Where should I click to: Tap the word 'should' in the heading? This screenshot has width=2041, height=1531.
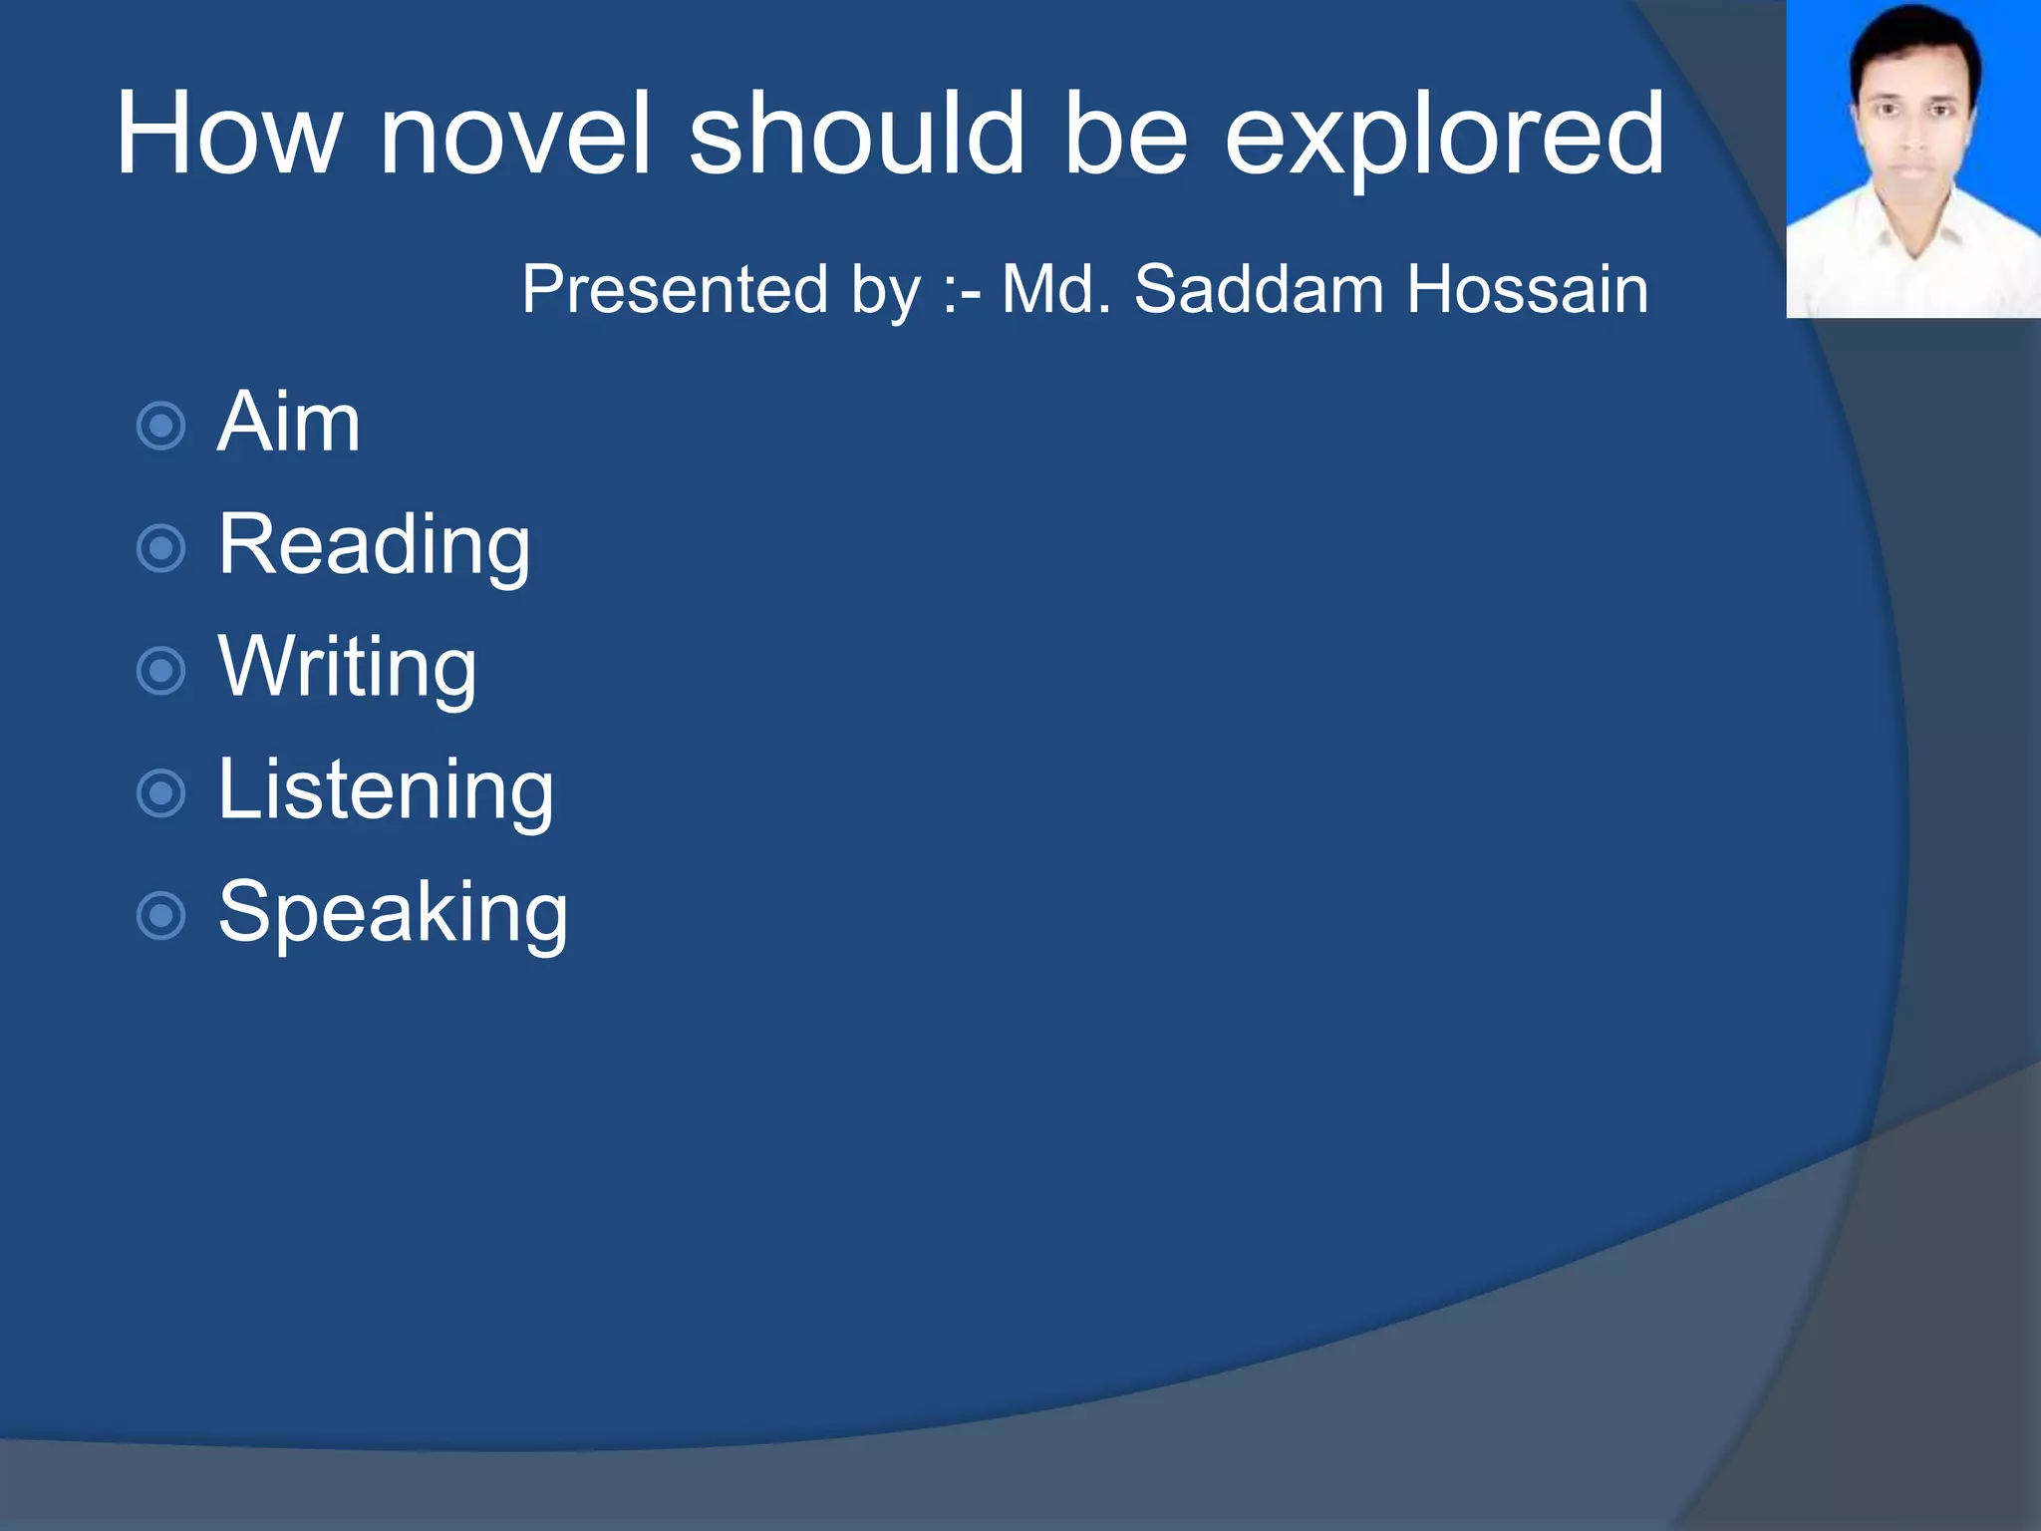click(x=857, y=135)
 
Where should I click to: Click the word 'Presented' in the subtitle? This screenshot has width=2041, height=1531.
click(x=675, y=290)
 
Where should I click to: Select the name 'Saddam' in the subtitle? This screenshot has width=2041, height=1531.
click(x=1258, y=290)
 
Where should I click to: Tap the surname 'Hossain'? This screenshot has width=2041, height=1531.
click(x=1527, y=290)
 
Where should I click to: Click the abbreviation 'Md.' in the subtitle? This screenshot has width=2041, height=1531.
click(x=1055, y=290)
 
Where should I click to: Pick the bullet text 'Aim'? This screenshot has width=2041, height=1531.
click(x=288, y=423)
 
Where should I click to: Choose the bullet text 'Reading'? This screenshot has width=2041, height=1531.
click(x=374, y=546)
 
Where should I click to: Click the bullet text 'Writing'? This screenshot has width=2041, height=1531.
click(x=347, y=669)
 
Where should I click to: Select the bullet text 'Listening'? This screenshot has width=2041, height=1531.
click(x=385, y=790)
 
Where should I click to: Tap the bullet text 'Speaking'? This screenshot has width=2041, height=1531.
click(x=393, y=913)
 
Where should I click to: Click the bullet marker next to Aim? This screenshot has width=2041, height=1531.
click(x=160, y=427)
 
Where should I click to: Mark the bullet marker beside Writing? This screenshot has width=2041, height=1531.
click(x=160, y=671)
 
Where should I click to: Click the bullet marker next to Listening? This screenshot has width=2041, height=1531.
click(x=160, y=793)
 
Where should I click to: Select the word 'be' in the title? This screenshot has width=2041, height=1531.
click(x=1125, y=135)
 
